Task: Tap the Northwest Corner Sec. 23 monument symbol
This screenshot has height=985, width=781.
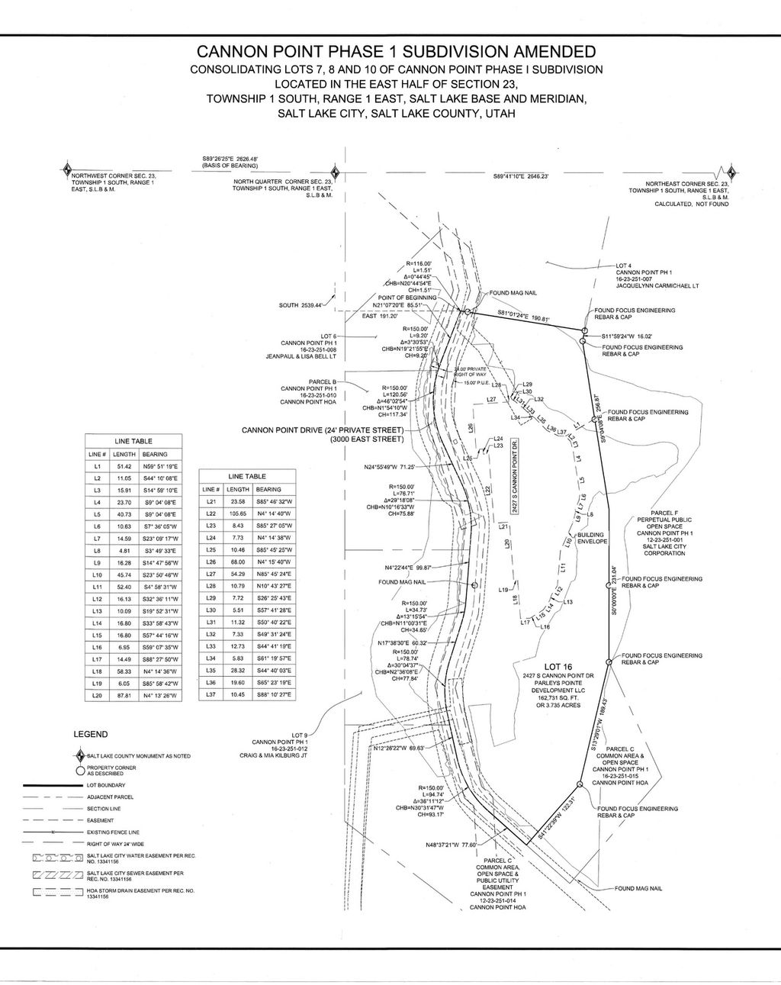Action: pyautogui.click(x=67, y=169)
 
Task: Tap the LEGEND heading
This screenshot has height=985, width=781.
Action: pyautogui.click(x=90, y=734)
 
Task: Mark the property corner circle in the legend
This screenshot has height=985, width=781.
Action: pyautogui.click(x=79, y=770)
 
